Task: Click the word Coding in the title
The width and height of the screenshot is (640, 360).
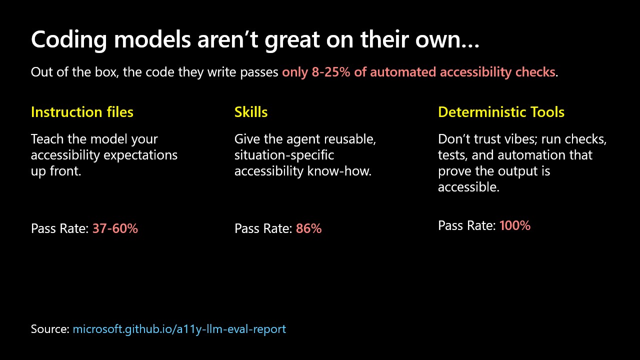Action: coord(69,40)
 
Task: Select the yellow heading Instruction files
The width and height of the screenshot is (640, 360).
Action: coord(82,112)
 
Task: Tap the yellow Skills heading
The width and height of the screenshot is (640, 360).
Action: coord(251,112)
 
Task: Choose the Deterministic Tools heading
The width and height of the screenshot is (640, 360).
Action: coord(501,112)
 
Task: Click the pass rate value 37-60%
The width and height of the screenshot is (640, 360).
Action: coord(115,228)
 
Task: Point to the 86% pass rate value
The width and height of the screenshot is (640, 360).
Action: coord(309,228)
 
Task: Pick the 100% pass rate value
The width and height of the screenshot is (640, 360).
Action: coord(515,225)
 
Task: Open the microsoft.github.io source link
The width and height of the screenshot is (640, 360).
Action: coord(179,329)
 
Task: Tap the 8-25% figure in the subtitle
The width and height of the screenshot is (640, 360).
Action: coord(331,72)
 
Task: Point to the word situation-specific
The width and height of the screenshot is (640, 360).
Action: coord(284,155)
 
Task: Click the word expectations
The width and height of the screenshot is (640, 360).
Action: coord(140,155)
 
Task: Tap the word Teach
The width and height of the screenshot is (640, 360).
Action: coord(47,139)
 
